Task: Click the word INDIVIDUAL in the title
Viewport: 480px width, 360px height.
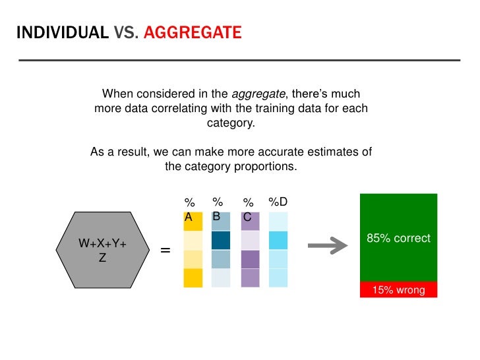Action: click(x=63, y=32)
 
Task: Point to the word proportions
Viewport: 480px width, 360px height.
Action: click(x=265, y=166)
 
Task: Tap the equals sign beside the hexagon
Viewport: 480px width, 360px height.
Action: click(x=165, y=251)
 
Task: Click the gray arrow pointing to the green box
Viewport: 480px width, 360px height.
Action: click(x=327, y=247)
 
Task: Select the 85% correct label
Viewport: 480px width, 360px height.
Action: click(x=398, y=238)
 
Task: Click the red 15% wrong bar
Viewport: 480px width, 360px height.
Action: click(x=398, y=289)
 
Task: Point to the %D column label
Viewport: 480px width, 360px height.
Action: click(x=278, y=202)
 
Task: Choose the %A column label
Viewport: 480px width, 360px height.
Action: click(x=189, y=209)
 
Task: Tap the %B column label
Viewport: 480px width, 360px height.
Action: click(x=218, y=208)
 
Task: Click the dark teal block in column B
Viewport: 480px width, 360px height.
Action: click(x=220, y=240)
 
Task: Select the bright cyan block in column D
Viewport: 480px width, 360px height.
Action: click(x=278, y=240)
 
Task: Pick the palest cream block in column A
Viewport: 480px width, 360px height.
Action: click(x=193, y=240)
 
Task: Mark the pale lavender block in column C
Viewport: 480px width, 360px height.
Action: click(x=250, y=240)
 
